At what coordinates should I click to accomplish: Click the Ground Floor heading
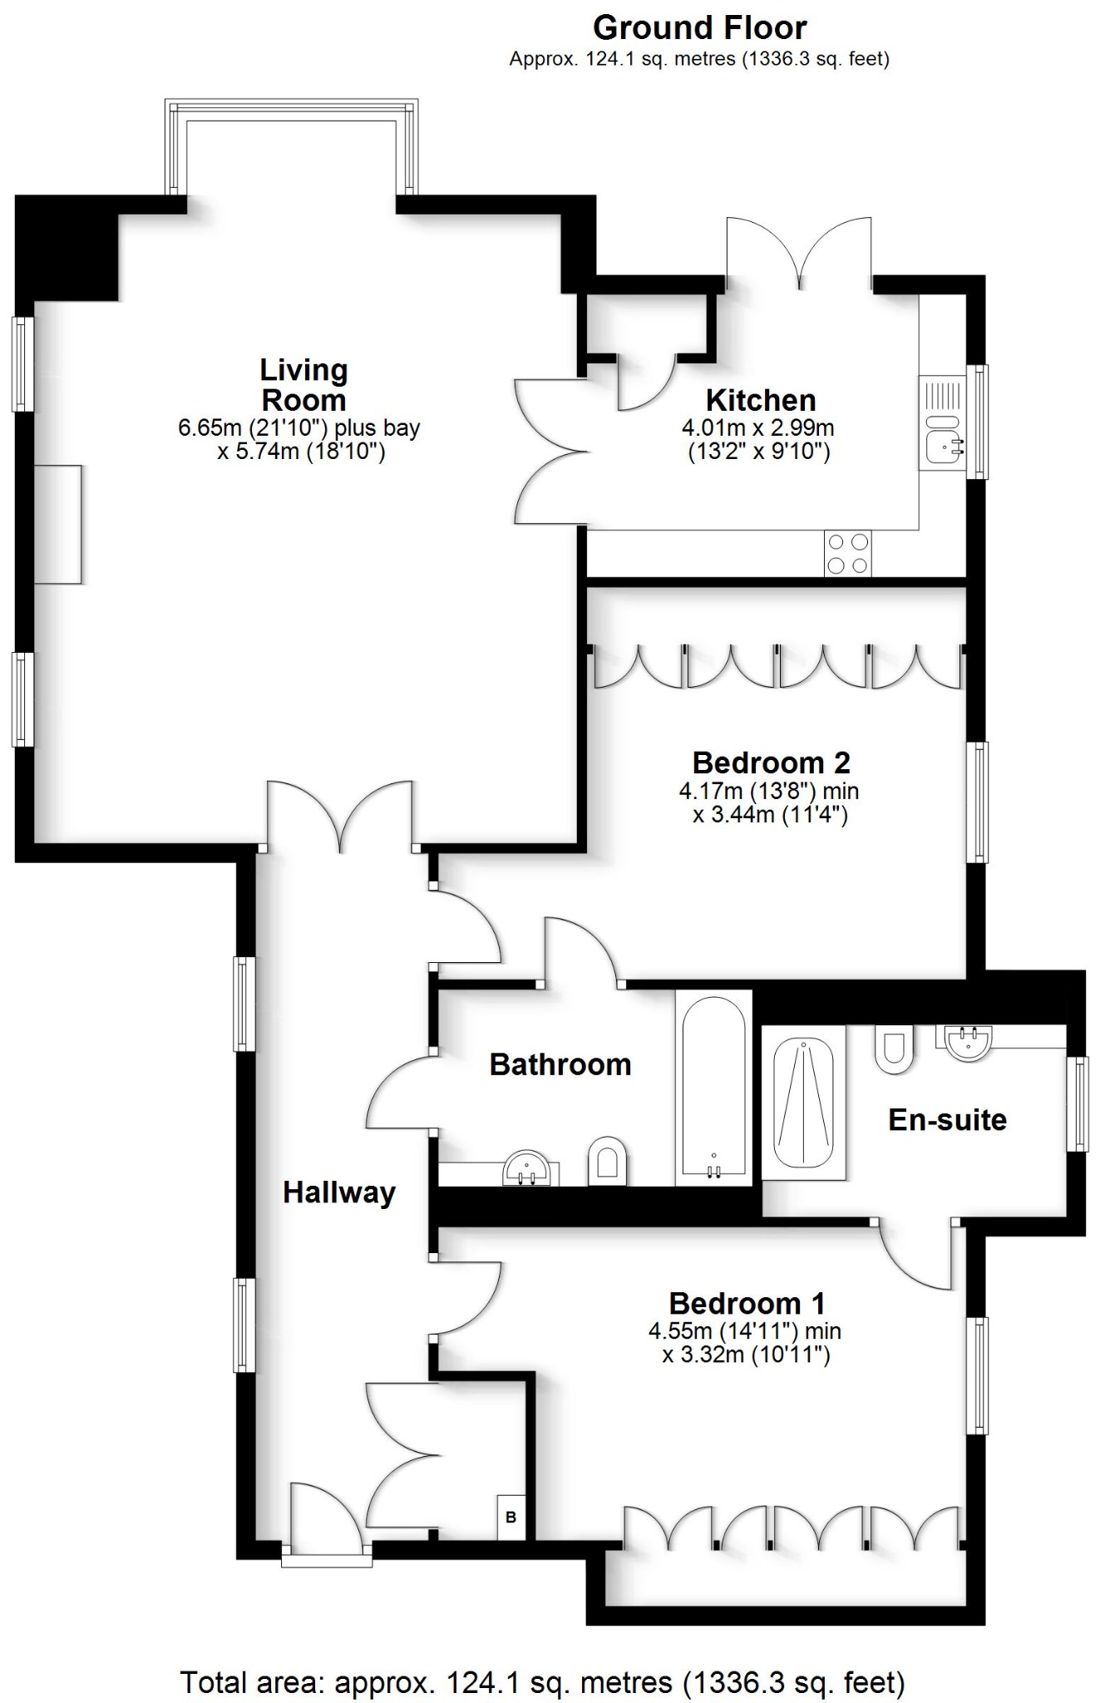tap(699, 28)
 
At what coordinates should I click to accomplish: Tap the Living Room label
tap(303, 385)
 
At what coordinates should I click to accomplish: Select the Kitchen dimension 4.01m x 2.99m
tap(757, 428)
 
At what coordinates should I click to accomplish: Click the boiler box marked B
tap(511, 1517)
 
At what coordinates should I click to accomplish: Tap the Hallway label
tap(338, 1192)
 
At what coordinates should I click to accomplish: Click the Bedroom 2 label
tap(771, 762)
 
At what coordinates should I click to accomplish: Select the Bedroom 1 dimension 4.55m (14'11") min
tap(745, 1330)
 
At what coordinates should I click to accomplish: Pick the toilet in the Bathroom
tap(606, 1159)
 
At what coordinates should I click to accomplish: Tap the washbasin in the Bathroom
tap(526, 1167)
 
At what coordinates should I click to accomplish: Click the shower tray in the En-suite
tap(803, 1102)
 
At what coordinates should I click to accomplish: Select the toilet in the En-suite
tap(894, 1049)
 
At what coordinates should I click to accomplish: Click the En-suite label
tap(947, 1119)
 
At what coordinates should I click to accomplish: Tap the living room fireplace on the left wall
tap(58, 524)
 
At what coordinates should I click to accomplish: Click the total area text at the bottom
tap(542, 1681)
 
